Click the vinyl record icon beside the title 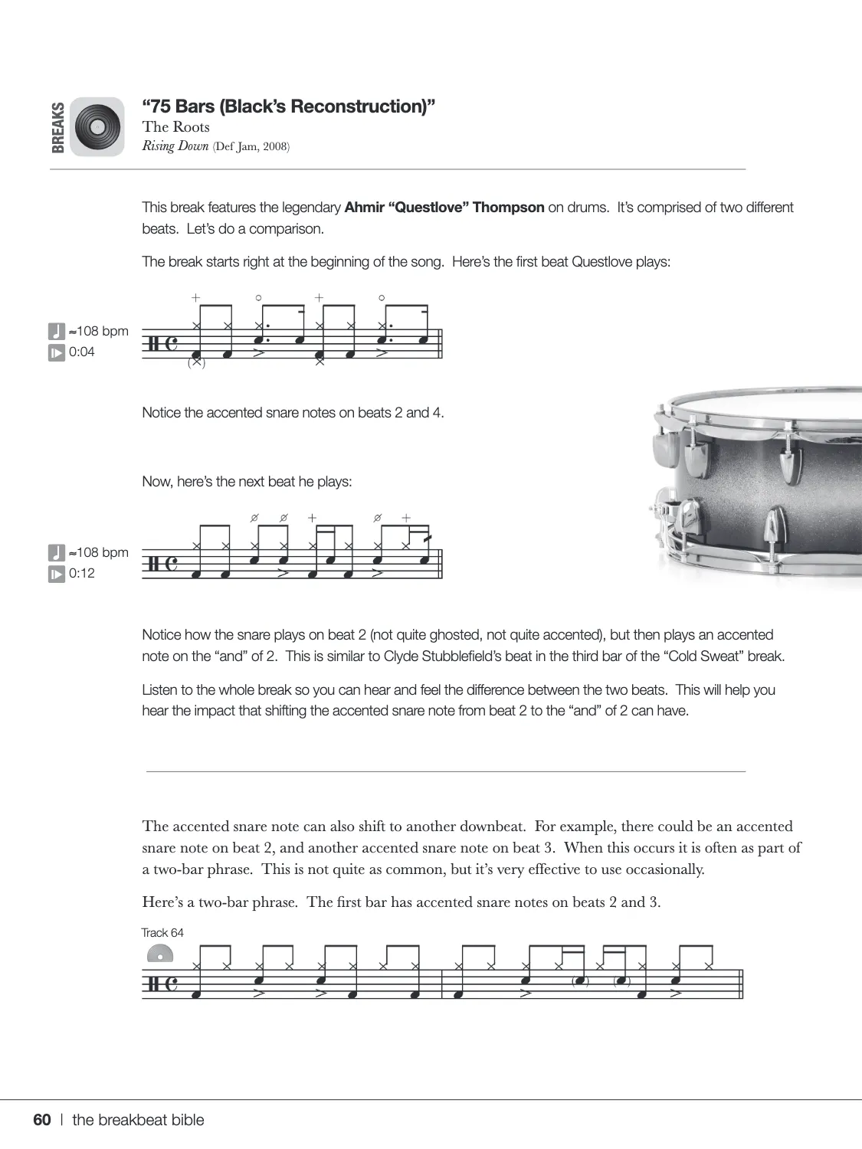point(97,126)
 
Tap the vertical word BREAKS point(58,127)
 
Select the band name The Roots point(175,127)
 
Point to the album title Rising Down point(175,146)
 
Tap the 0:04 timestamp point(82,352)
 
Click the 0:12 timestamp point(82,574)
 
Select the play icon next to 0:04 point(57,353)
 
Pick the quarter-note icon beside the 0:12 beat point(57,552)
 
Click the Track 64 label point(162,933)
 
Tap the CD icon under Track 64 point(159,954)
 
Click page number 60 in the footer point(42,1120)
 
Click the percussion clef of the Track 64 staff point(151,984)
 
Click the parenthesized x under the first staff point(196,363)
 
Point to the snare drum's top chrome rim point(759,401)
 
